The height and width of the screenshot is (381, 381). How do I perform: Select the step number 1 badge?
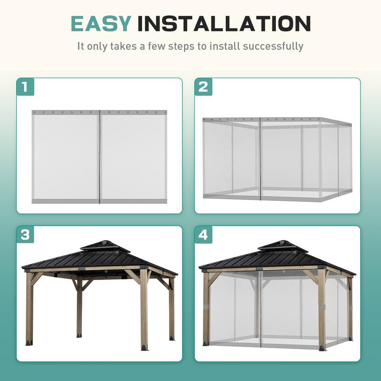(x=25, y=87)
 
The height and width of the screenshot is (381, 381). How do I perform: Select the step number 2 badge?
(x=203, y=87)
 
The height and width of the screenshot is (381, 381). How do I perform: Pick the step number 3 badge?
(x=25, y=235)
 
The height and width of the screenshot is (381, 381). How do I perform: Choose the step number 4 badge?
(x=203, y=235)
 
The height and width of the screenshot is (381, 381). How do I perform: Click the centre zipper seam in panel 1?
(x=100, y=157)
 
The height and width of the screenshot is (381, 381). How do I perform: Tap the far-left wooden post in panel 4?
(x=206, y=310)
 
